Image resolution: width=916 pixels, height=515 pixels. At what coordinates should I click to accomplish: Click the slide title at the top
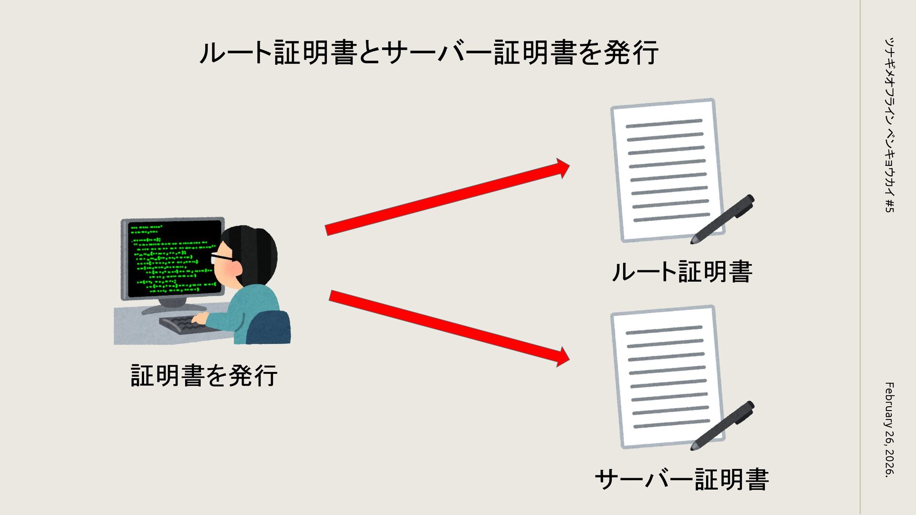428,52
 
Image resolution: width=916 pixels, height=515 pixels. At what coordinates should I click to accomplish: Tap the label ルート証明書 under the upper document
682,272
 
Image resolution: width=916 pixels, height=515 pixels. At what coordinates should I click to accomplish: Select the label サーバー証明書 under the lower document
682,479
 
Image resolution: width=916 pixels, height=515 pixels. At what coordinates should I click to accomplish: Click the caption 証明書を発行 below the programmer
204,375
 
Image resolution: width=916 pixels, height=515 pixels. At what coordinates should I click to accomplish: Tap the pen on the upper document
723,219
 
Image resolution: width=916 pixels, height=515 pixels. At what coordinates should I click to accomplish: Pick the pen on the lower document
723,426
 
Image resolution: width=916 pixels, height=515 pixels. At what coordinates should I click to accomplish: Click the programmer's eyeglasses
222,257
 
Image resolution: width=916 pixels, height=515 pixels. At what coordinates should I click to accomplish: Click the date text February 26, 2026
888,429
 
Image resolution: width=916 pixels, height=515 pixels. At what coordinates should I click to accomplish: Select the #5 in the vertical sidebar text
888,206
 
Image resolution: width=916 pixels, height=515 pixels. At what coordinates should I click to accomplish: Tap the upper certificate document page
666,169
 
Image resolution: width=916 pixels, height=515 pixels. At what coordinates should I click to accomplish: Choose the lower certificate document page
666,377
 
